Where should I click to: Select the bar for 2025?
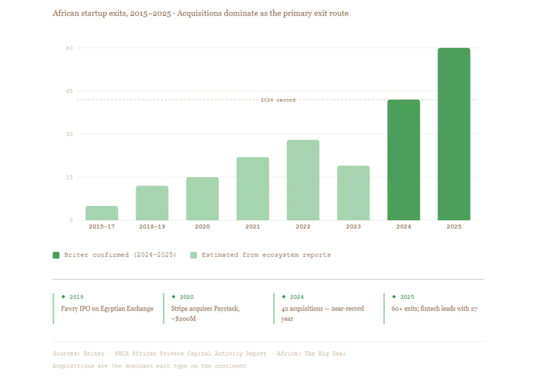click(x=454, y=134)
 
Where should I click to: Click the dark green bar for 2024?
click(x=404, y=160)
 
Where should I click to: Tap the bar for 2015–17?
click(x=102, y=213)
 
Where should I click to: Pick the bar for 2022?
click(x=303, y=180)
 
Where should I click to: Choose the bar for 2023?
click(x=353, y=193)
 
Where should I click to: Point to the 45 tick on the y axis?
click(x=69, y=91)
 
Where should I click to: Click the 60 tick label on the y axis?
click(x=69, y=48)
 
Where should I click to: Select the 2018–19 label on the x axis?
click(x=152, y=226)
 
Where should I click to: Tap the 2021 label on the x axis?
click(x=253, y=226)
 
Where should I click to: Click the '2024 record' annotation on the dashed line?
click(x=278, y=100)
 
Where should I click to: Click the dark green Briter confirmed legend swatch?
click(x=56, y=255)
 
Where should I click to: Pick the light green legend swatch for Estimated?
click(x=194, y=255)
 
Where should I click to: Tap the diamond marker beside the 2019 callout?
click(x=64, y=297)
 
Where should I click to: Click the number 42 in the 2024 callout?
click(x=285, y=309)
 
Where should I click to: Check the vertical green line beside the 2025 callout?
click(x=384, y=308)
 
